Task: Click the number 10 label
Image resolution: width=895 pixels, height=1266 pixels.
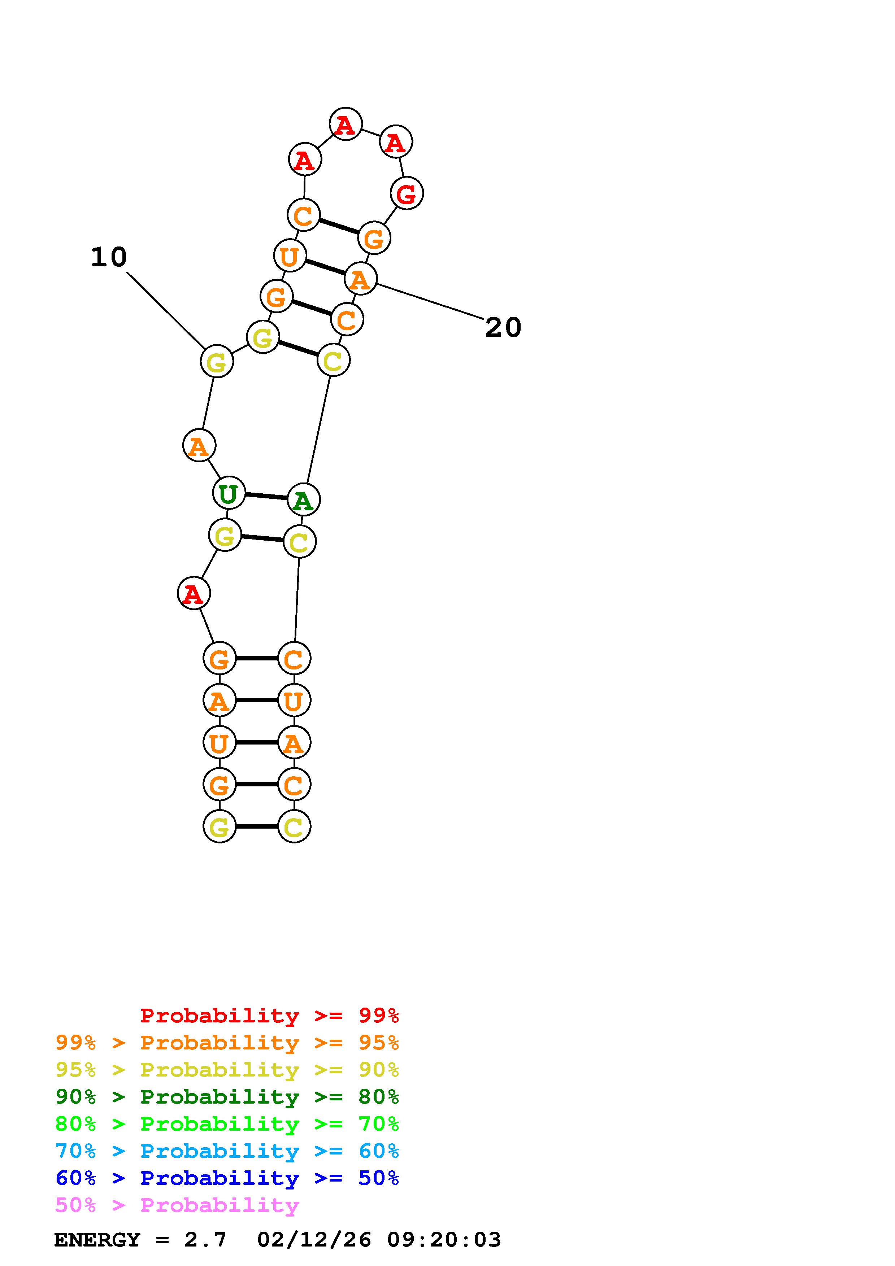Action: (109, 258)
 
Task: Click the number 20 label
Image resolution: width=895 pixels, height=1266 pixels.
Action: (503, 328)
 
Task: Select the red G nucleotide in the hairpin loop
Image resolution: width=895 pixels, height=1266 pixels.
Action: (407, 193)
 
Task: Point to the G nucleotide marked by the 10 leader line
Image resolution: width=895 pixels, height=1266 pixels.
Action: (217, 362)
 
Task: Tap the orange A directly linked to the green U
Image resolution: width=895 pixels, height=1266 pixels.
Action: (199, 446)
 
